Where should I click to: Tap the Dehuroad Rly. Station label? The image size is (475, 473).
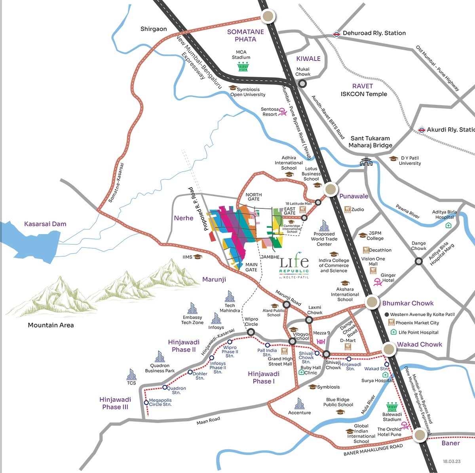pyautogui.click(x=374, y=33)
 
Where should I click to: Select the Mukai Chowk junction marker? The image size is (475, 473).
pyautogui.click(x=302, y=83)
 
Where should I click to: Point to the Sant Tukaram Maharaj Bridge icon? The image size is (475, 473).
pyautogui.click(x=366, y=162)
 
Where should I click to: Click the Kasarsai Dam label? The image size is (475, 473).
pyautogui.click(x=45, y=224)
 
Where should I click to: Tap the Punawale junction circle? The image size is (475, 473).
pyautogui.click(x=330, y=189)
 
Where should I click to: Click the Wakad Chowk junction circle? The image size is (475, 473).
pyautogui.click(x=389, y=349)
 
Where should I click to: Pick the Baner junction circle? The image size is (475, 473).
pyautogui.click(x=420, y=435)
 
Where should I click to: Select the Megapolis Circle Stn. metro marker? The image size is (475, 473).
pyautogui.click(x=146, y=403)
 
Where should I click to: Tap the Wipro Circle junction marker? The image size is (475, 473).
pyautogui.click(x=250, y=333)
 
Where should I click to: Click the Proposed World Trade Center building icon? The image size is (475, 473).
pyautogui.click(x=324, y=226)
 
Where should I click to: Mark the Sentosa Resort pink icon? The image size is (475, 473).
pyautogui.click(x=283, y=112)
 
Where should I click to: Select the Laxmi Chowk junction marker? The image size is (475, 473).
pyautogui.click(x=310, y=320)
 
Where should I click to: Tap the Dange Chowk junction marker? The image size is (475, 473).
pyautogui.click(x=418, y=261)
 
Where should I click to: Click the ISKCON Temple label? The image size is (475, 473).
pyautogui.click(x=364, y=94)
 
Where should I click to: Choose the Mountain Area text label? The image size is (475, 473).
pyautogui.click(x=51, y=325)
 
